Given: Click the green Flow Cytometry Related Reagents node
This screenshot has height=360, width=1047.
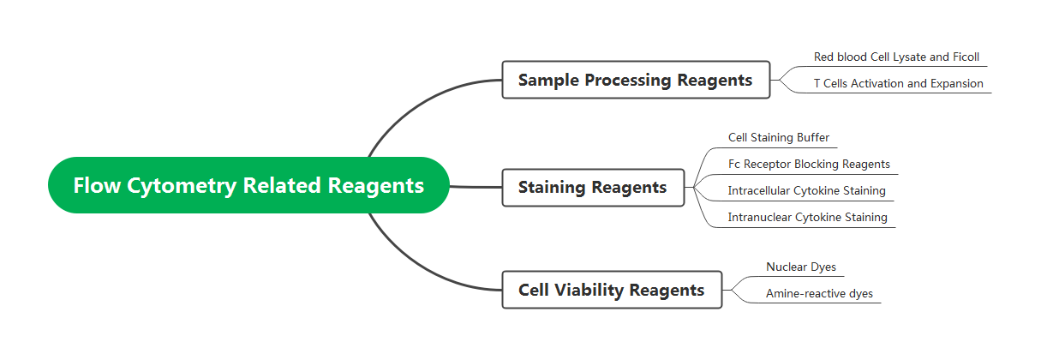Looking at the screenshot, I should click(248, 185).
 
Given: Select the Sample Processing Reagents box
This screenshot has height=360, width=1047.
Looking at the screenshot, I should click(635, 80).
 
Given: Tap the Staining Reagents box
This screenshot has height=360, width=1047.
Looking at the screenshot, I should click(592, 187).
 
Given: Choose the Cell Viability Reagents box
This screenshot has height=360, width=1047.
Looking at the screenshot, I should click(611, 290).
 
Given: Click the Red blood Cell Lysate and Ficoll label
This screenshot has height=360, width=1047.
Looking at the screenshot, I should click(896, 57).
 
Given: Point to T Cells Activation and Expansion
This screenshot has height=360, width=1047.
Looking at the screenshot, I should click(898, 84).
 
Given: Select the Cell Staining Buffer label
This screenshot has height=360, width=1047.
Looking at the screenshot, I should click(778, 137).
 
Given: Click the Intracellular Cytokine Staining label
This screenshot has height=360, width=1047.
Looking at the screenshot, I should click(806, 190).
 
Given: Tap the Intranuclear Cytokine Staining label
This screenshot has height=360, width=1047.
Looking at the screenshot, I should click(807, 217).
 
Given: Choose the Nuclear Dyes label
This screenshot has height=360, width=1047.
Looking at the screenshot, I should click(800, 267).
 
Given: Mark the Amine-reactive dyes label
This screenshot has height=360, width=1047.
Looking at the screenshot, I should click(819, 293).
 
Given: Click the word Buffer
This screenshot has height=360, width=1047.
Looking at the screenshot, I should click(812, 137).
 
